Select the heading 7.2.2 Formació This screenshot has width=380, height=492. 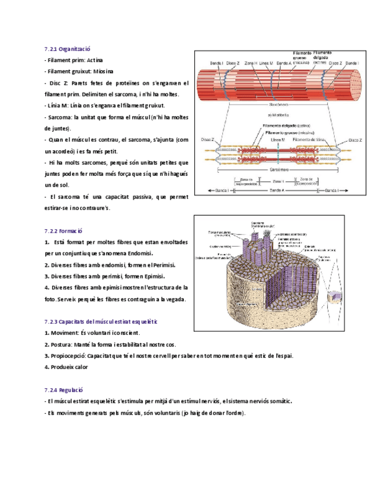click(63, 230)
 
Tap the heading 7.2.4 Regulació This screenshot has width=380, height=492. click(64, 391)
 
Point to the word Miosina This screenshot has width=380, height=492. click(102, 71)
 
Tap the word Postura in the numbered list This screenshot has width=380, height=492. click(60, 345)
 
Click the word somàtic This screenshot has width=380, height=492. click(278, 401)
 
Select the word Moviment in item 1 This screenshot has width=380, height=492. click(63, 333)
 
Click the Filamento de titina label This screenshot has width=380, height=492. click(313, 140)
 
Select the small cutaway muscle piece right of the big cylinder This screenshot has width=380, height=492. click(335, 296)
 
